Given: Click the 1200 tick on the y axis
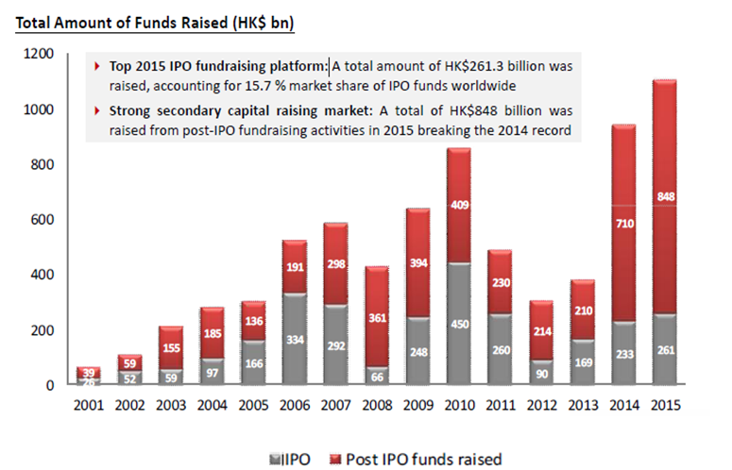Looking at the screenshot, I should [x=36, y=55].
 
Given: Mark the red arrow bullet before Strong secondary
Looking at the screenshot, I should [x=100, y=111].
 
